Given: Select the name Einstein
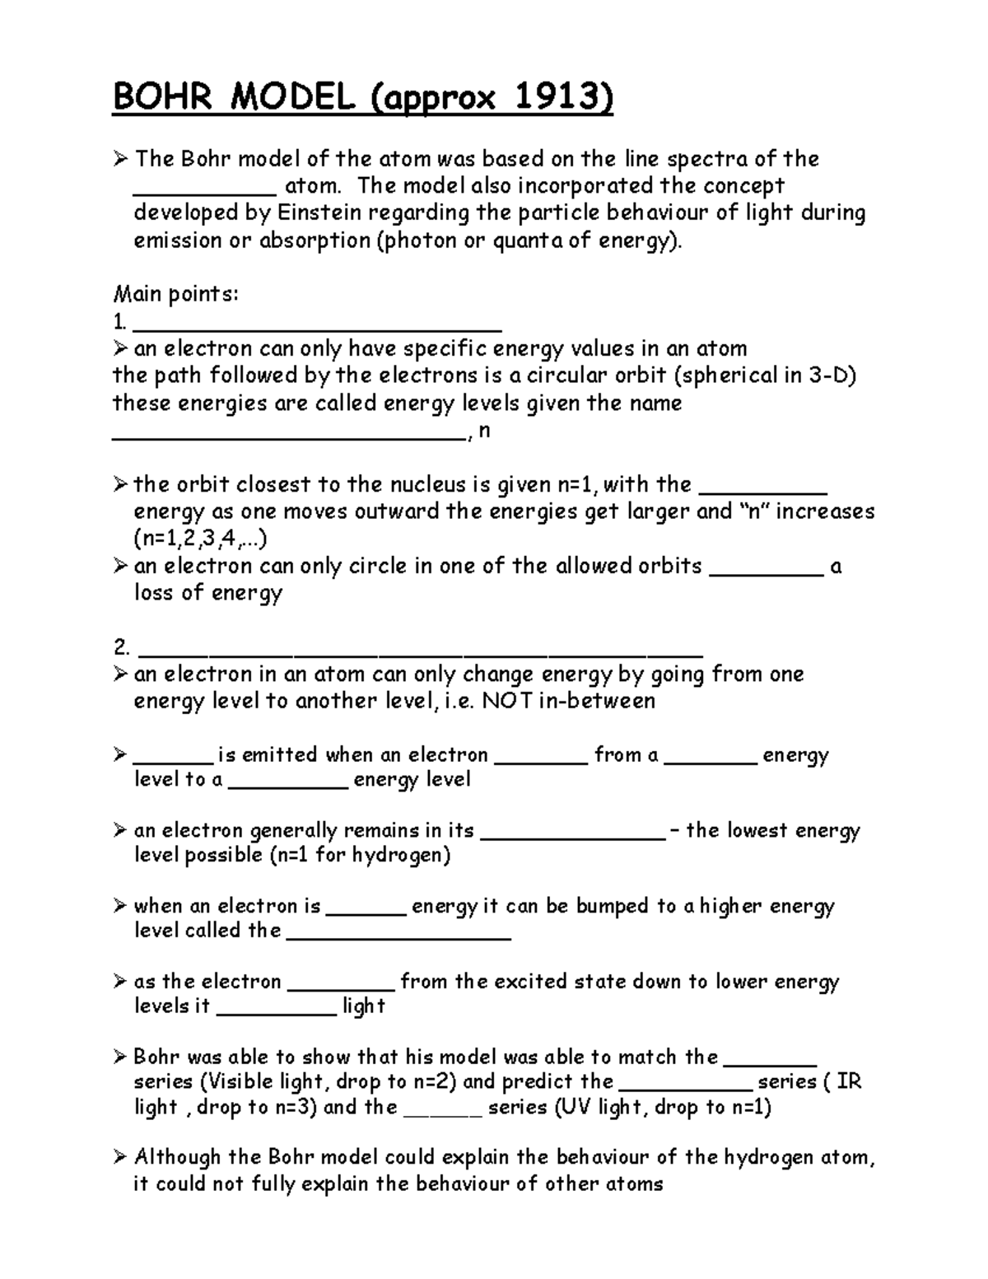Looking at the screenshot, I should click(x=319, y=213).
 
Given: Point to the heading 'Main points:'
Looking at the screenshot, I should click(x=175, y=294).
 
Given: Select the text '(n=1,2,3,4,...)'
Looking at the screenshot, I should click(x=201, y=539).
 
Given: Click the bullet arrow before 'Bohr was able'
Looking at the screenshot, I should click(x=120, y=1057).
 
